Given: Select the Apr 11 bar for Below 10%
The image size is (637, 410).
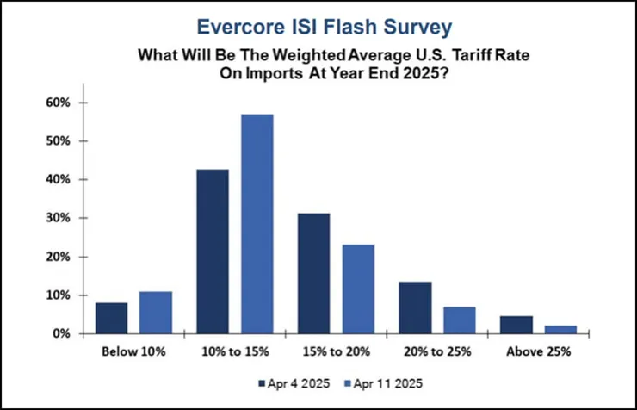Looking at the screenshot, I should [156, 313].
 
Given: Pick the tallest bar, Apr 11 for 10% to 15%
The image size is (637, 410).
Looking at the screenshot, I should [257, 224].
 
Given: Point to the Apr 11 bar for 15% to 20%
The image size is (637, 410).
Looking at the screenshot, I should [358, 289].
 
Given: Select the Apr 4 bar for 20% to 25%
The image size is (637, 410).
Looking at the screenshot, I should [415, 307].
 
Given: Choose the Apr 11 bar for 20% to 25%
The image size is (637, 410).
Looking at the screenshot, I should [460, 320].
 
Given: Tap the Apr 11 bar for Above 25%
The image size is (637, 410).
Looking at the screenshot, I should [561, 329].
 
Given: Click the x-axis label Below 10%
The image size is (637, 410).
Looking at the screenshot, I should [133, 351].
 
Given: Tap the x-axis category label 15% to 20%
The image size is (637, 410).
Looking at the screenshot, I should [336, 351].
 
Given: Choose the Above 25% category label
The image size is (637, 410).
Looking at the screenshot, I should [539, 351].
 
